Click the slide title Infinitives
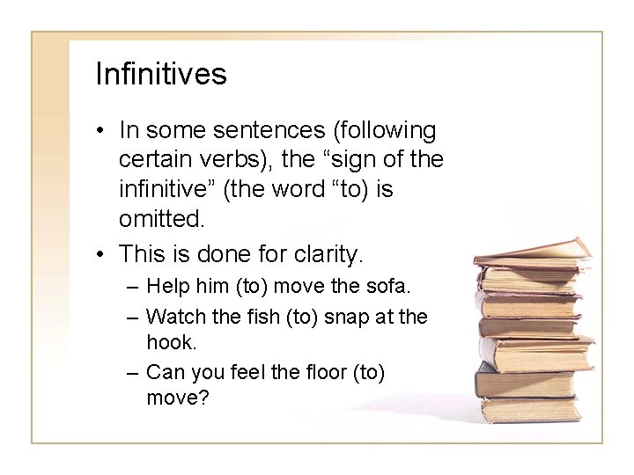(x=160, y=74)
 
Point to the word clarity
(x=324, y=256)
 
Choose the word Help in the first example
(x=166, y=287)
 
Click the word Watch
(x=176, y=315)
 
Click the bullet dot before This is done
(x=103, y=256)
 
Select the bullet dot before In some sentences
(x=103, y=131)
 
